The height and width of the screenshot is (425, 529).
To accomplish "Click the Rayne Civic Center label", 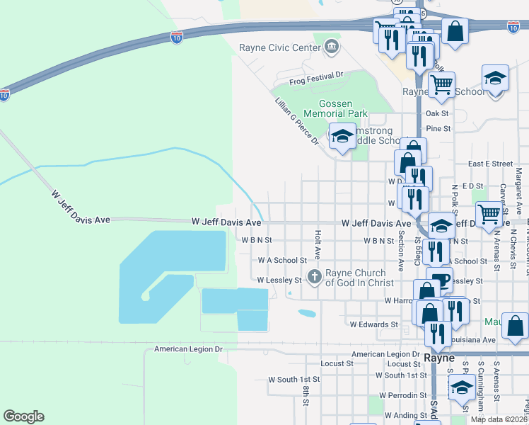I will point(290,48).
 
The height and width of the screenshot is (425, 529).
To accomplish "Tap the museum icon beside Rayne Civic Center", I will point(331,48).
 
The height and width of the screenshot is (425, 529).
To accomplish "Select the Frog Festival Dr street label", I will point(315,74).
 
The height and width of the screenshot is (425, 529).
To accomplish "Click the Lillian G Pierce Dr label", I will point(297,122).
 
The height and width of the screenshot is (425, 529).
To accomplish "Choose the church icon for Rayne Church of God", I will point(314,276).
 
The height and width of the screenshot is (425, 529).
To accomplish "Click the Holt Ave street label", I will point(318,244).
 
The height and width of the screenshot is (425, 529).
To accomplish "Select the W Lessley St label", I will point(279,280).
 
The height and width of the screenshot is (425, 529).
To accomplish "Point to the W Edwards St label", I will point(374,324).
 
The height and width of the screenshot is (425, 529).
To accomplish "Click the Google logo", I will point(23,416).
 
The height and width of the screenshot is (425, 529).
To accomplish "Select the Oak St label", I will point(437,113).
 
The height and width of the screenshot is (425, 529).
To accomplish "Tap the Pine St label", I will point(438,128).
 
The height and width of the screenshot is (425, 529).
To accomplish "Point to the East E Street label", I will point(490,164).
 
